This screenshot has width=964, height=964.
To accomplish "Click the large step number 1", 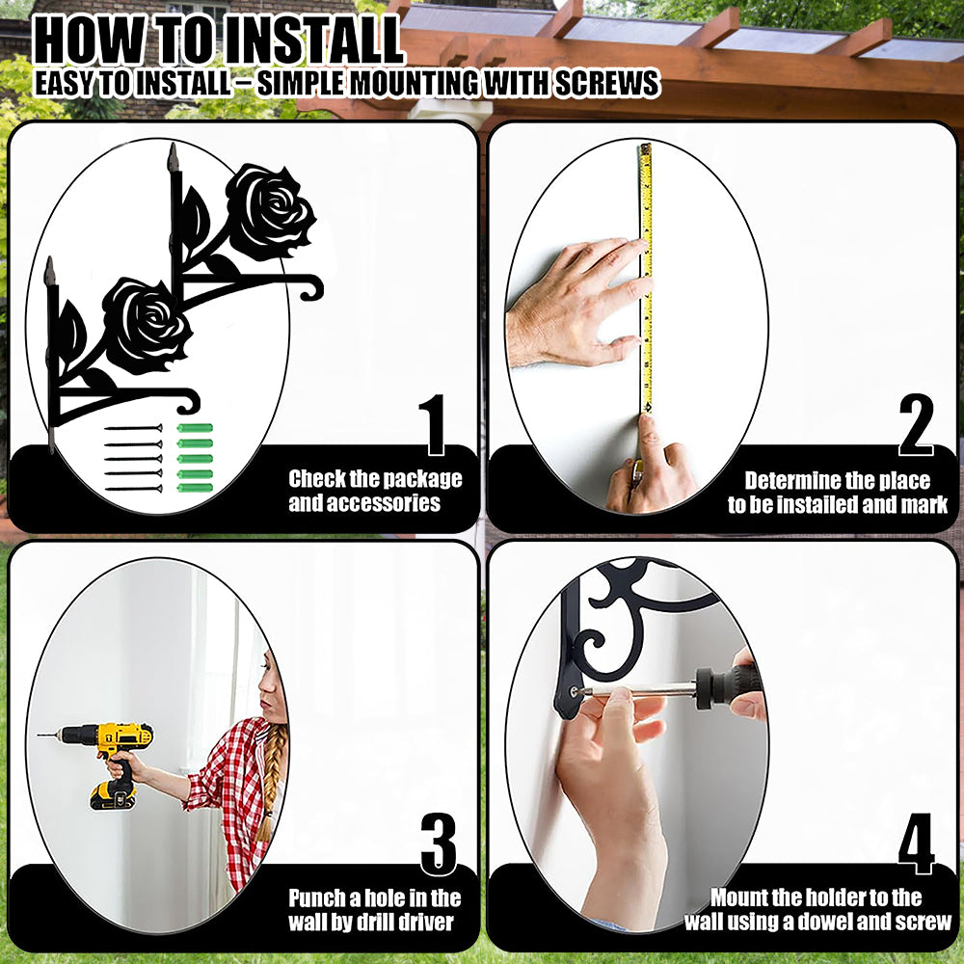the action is point(435,425).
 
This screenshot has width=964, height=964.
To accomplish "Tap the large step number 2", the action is point(916,425).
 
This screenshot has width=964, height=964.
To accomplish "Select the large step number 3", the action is point(439,844).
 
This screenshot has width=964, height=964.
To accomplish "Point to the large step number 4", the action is point(916,844).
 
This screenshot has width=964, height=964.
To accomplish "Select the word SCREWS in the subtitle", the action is point(606,84).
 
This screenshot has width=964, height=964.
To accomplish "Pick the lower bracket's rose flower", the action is point(147,325).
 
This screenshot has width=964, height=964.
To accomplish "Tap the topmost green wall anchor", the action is point(195,428).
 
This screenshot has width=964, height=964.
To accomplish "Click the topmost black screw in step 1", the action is point(133,428).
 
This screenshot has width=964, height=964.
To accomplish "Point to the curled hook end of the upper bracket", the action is point(313,289).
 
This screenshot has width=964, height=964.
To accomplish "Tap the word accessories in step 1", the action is point(364,503).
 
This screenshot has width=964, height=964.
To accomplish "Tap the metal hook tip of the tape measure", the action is point(648,408).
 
